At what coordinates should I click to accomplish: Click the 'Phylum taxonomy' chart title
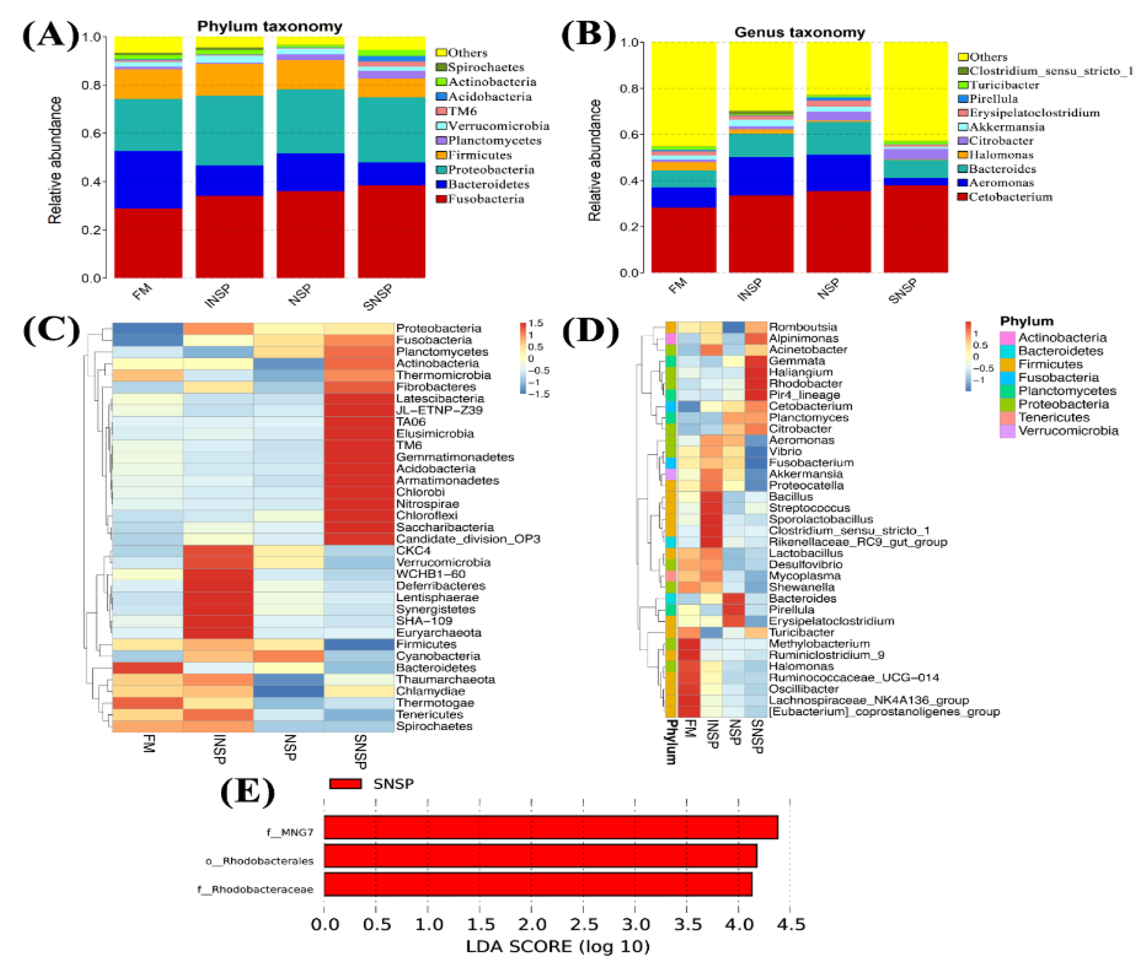tap(269, 27)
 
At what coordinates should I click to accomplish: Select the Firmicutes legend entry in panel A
tap(479, 155)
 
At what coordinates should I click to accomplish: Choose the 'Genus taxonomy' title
tap(799, 32)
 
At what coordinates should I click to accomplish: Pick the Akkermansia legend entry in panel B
tap(1005, 127)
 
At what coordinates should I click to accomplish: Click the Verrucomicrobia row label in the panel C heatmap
tap(443, 563)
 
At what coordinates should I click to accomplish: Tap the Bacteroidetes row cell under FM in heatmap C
tap(147, 668)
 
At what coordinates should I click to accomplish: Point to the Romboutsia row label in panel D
tap(802, 327)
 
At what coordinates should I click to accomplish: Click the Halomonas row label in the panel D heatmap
tap(801, 666)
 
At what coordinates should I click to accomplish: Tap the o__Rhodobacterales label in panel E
tap(259, 861)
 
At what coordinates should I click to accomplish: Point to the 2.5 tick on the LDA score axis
tap(583, 924)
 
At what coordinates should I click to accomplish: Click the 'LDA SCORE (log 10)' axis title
tap(557, 946)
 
